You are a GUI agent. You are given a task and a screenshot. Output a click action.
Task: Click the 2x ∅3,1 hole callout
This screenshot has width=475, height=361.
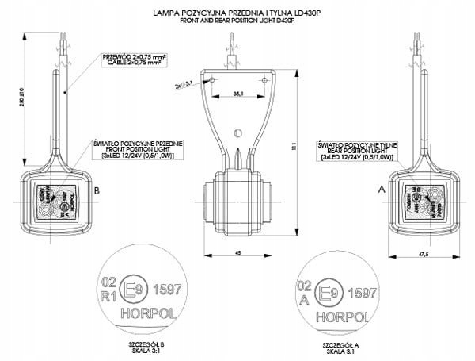tap(180, 83)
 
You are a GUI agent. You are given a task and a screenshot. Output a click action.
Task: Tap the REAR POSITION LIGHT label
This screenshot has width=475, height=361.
tap(346, 148)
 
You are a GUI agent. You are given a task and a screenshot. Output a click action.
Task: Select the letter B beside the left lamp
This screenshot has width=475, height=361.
tap(96, 191)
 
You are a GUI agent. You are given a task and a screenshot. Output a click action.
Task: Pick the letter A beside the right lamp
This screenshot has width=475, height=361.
tap(382, 191)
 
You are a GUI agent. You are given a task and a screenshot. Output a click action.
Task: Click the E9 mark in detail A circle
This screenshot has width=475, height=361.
tap(326, 291)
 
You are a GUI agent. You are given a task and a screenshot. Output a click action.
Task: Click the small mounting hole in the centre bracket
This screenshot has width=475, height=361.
tap(235, 133)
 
